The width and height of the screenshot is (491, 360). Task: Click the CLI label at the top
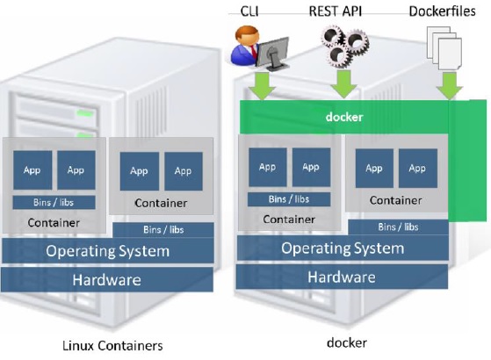(x=249, y=11)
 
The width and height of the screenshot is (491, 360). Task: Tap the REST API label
(x=336, y=11)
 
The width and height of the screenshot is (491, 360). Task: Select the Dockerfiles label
(x=442, y=11)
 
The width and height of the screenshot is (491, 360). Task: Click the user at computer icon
(x=260, y=48)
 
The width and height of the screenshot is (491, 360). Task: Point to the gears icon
(x=344, y=46)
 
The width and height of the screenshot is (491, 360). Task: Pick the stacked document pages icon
(x=444, y=48)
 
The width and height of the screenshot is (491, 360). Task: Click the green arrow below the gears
(x=343, y=84)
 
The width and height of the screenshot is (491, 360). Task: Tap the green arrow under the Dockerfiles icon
(x=450, y=86)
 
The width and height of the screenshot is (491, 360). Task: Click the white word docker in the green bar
(x=344, y=117)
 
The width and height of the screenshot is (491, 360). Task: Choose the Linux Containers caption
(x=112, y=346)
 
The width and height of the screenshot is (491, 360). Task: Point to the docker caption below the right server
(x=347, y=342)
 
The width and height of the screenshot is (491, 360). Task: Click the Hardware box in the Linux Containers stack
(x=107, y=279)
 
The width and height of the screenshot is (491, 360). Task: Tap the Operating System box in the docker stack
(x=343, y=248)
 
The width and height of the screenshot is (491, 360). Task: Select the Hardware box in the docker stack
(x=342, y=277)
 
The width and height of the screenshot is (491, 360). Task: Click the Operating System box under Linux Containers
(x=108, y=251)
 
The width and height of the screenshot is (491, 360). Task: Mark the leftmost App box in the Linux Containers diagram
(x=32, y=170)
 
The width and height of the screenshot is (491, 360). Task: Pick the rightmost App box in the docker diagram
(x=418, y=168)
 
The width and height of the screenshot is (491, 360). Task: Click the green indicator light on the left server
(x=84, y=113)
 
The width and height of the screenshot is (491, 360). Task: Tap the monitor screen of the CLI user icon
(x=272, y=51)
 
